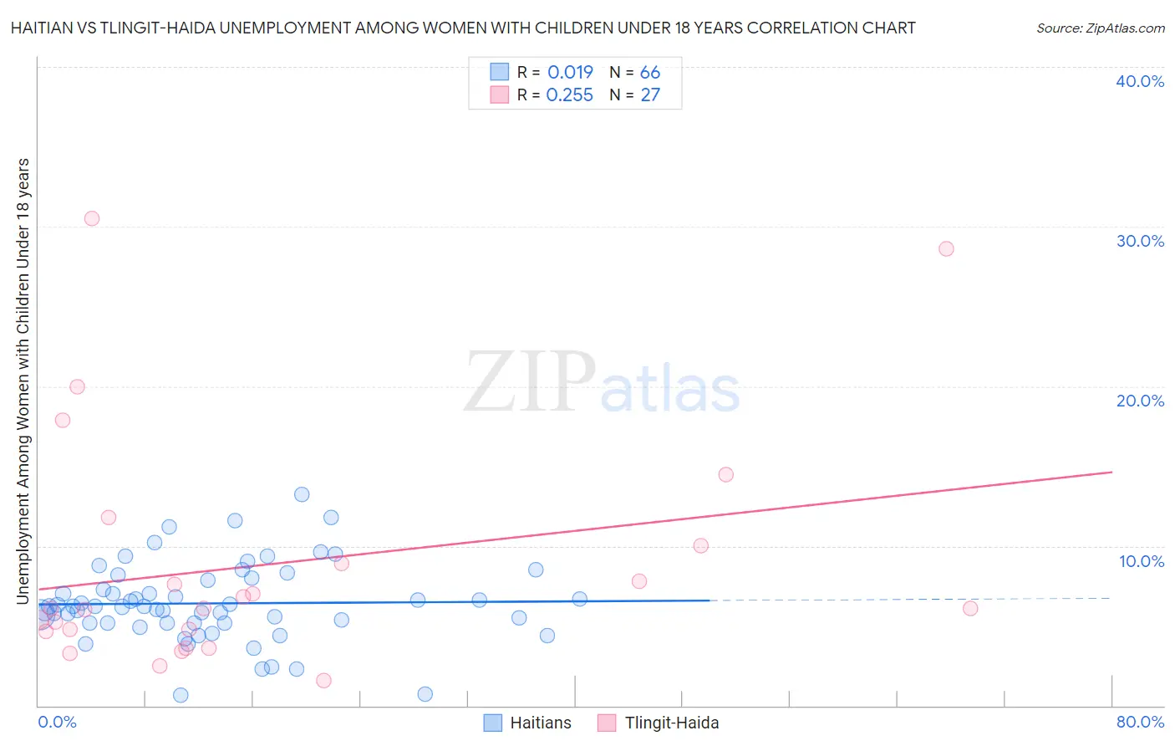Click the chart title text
click(462, 28)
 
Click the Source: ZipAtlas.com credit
click(1100, 28)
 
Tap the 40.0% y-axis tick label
click(1139, 81)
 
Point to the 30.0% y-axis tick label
click(1139, 241)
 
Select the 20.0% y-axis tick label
click(1139, 401)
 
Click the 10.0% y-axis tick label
click(1141, 561)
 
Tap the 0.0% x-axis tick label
click(57, 722)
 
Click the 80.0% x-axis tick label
click(1139, 722)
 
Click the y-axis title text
click(23, 381)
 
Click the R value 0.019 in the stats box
click(570, 73)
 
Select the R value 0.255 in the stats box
click(569, 95)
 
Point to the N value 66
click(649, 73)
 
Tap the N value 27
click(649, 95)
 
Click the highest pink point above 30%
click(92, 218)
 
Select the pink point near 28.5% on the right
click(946, 248)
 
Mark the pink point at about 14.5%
click(725, 474)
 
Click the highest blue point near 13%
click(302, 494)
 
